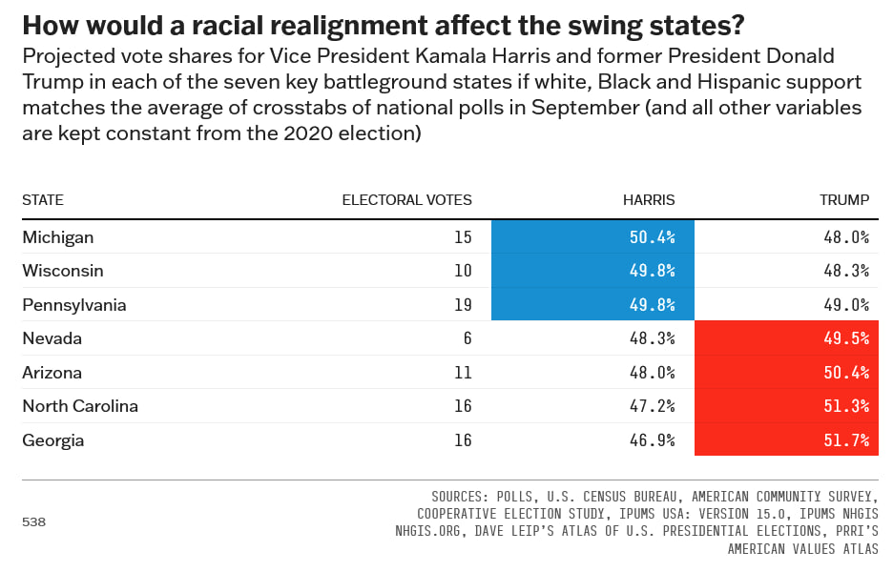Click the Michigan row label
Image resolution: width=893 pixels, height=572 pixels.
tap(58, 236)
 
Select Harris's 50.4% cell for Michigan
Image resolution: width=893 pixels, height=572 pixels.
tap(592, 236)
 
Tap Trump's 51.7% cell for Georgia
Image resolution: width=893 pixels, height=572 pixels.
tap(786, 440)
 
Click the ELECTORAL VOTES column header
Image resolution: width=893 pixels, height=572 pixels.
tap(406, 200)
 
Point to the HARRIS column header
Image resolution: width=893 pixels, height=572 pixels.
tap(649, 200)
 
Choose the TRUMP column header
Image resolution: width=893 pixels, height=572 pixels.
tap(844, 200)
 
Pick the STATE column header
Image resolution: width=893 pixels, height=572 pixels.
tap(43, 200)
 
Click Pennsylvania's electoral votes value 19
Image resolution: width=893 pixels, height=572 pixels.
tap(463, 305)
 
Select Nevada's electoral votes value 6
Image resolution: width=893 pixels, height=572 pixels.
tap(467, 338)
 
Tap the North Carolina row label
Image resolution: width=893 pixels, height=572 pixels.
tap(80, 406)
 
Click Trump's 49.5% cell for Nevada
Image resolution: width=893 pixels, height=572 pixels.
tap(786, 338)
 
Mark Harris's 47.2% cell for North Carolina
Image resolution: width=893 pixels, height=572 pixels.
tap(654, 406)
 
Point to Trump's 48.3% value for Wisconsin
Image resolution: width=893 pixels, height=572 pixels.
tap(846, 271)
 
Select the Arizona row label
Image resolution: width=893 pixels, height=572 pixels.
tap(52, 373)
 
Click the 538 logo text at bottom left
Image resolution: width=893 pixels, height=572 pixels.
tap(33, 522)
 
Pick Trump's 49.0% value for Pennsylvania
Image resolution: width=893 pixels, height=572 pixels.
tap(846, 305)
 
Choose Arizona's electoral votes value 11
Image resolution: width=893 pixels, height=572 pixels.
tap(463, 373)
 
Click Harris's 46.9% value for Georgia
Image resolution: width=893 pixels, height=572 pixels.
tap(654, 440)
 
